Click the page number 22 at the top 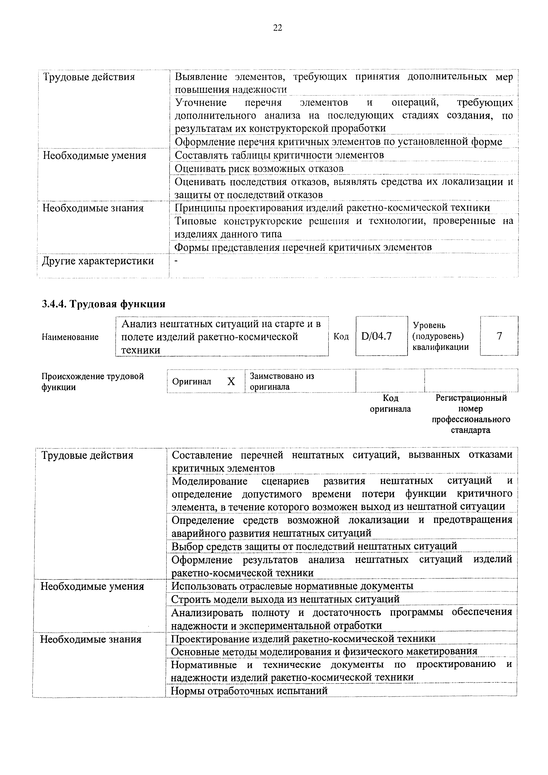pos(277,28)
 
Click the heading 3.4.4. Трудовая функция pos(103,304)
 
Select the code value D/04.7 pos(376,336)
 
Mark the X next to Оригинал pos(231,381)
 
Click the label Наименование pos(70,337)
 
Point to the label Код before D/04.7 pos(341,336)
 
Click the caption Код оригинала pos(390,403)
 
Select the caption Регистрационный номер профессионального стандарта pos(471,414)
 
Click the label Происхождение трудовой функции pos(93,381)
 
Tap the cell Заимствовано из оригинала pos(282,381)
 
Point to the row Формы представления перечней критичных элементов pos(303,247)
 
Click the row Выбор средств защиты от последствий pos(314,546)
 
